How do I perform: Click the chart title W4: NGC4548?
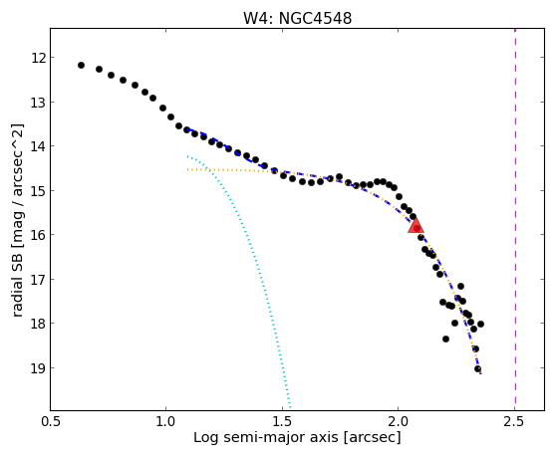click(297, 19)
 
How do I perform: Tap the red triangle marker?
click(416, 225)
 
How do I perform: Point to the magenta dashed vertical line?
click(515, 219)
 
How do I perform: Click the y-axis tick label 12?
click(38, 58)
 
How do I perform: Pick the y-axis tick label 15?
click(38, 190)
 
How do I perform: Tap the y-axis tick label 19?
click(38, 368)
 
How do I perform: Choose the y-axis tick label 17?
click(38, 279)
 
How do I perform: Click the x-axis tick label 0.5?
click(51, 422)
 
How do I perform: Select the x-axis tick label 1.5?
click(282, 422)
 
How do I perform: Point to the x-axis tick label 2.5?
click(514, 422)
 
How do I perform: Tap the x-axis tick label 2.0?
click(399, 422)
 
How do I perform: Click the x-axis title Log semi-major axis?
click(266, 437)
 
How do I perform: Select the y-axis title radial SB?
click(17, 283)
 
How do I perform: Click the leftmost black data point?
click(81, 65)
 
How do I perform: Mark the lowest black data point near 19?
click(477, 368)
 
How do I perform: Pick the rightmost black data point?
click(480, 324)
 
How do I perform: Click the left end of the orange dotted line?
click(187, 170)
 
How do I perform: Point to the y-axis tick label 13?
click(38, 102)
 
